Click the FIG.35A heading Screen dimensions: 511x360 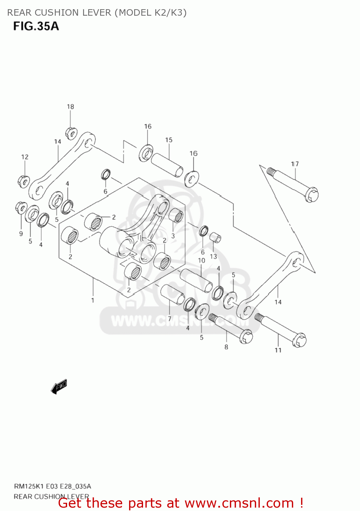click(36, 26)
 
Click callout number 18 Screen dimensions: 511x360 click(70, 107)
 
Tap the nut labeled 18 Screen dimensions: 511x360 click(71, 133)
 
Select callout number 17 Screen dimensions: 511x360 click(295, 164)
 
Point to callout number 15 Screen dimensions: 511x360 click(169, 140)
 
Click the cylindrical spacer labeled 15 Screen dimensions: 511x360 click(167, 165)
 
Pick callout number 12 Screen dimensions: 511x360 click(25, 157)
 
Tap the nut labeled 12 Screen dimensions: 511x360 click(24, 181)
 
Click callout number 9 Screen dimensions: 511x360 click(21, 233)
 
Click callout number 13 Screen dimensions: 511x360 click(213, 256)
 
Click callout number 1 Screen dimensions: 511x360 click(92, 300)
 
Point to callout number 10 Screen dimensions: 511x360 click(202, 260)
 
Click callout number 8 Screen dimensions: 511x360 click(226, 347)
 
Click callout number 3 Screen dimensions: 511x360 click(173, 236)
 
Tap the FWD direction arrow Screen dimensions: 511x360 click(59, 386)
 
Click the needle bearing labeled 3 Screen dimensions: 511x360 click(176, 216)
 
